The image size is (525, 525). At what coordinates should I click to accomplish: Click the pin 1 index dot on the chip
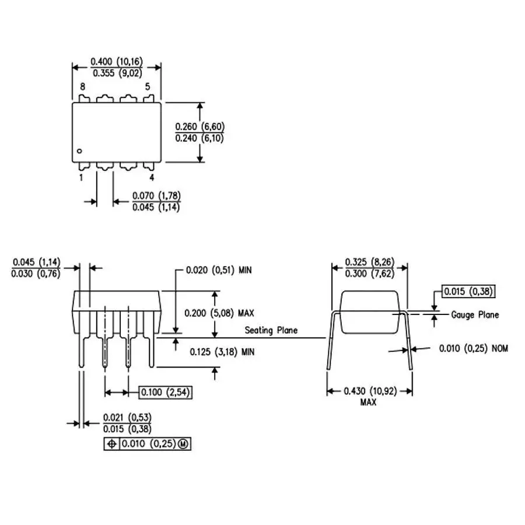pos(79,151)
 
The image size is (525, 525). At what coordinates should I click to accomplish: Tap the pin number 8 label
pos(83,87)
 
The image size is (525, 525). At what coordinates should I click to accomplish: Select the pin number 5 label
pos(148,87)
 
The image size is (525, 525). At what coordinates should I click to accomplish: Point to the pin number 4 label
pos(152,177)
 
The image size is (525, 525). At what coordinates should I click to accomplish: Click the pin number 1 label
pos(81,177)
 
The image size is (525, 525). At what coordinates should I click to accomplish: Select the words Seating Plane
pos(271,331)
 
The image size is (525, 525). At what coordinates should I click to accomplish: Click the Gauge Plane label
pos(475,315)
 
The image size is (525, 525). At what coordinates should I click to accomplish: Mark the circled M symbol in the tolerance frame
pos(183,444)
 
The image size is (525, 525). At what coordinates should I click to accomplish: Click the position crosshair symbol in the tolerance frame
pos(112,444)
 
